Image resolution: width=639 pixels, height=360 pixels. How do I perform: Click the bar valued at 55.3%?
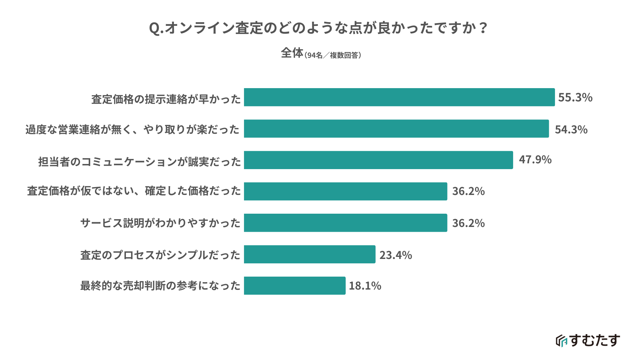(x=399, y=97)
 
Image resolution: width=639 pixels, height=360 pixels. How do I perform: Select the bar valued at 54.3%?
(x=396, y=129)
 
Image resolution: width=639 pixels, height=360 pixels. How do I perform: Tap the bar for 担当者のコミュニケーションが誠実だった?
(x=378, y=160)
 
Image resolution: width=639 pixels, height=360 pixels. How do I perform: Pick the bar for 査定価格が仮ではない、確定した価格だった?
(x=345, y=191)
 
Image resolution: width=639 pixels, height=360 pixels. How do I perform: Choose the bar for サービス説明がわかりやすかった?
(x=345, y=223)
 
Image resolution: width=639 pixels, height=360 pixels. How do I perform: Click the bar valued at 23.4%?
(x=310, y=254)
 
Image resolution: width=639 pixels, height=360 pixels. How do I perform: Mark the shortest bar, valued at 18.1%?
(x=295, y=285)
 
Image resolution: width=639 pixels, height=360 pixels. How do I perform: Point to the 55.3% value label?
(x=575, y=98)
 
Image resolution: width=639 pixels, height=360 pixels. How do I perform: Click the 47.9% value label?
(x=535, y=160)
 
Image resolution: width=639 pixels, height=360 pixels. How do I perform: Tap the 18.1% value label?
(x=365, y=286)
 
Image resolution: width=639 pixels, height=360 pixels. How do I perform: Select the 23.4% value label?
(x=395, y=255)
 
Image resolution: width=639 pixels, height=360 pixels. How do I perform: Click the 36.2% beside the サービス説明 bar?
(x=468, y=223)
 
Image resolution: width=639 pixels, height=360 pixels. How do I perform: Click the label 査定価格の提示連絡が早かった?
(x=166, y=99)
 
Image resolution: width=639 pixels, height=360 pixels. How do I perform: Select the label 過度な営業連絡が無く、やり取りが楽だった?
(x=132, y=130)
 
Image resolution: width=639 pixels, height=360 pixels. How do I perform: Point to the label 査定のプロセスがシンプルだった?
(x=160, y=255)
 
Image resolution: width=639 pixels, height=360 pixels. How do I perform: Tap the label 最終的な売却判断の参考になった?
(x=160, y=285)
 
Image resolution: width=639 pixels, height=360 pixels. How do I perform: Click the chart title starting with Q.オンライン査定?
(x=318, y=28)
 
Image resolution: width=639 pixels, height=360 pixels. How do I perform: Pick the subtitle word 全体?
(x=292, y=53)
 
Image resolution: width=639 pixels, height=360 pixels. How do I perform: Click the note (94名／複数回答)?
(x=333, y=55)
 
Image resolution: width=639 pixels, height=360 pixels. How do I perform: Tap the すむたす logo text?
(x=594, y=340)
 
